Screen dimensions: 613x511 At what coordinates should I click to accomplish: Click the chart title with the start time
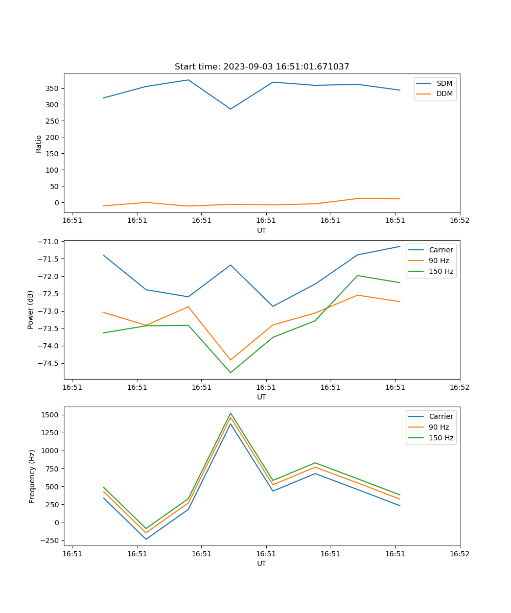coord(262,67)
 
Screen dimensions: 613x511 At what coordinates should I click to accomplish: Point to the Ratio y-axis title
coord(39,144)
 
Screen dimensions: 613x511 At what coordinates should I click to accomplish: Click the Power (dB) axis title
coord(31,310)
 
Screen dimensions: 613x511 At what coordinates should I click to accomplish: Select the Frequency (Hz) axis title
coord(32,476)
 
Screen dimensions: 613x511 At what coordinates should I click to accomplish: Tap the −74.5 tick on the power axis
coord(47,363)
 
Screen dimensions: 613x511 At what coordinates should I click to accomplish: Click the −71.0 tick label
coord(47,241)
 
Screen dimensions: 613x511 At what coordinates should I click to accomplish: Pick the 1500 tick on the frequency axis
coord(49,415)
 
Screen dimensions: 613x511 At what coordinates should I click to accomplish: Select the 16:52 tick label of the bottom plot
coord(459,554)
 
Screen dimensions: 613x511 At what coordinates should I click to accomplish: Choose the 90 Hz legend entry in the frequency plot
coord(438,427)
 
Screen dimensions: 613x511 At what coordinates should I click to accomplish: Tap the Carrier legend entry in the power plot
coord(440,250)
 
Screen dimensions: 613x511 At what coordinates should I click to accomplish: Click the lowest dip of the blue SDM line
coord(230,109)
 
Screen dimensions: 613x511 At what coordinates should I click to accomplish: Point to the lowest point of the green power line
coord(230,372)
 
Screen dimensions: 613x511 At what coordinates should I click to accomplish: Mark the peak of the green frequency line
coord(230,413)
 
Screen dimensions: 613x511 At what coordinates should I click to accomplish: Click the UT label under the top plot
coord(262,230)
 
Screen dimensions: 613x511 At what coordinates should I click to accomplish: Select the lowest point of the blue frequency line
coord(146,539)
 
